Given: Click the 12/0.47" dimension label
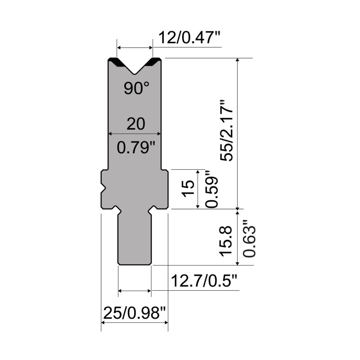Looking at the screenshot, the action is [189, 37].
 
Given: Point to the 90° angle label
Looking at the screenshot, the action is [137, 88].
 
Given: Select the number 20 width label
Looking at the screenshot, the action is [136, 124].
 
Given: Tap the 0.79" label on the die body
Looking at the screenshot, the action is [136, 148].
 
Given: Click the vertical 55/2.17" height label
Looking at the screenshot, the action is [227, 130].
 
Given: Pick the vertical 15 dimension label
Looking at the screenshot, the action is [188, 188].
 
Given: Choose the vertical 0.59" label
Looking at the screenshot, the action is [211, 189].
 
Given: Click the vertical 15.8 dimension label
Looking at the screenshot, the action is [226, 241].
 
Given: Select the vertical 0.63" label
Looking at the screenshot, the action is [249, 238].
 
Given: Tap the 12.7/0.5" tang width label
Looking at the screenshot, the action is [204, 281].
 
